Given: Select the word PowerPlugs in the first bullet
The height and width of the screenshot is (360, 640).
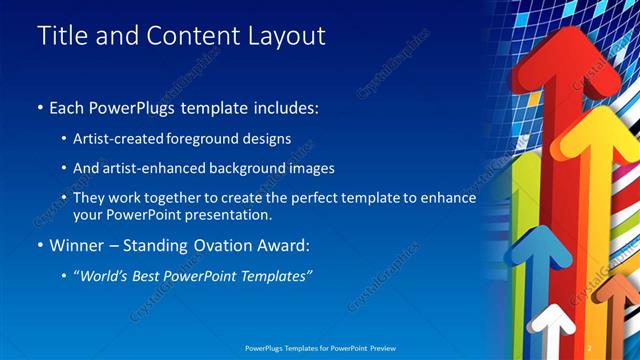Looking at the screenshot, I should (x=129, y=107).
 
